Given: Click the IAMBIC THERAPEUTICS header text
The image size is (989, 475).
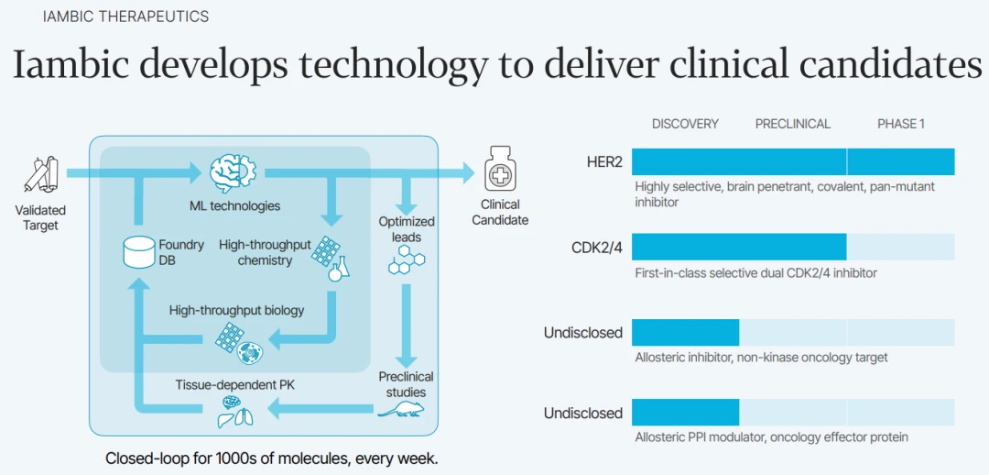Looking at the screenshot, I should click(125, 17).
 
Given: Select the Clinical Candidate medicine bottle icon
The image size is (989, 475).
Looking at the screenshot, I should click(499, 171).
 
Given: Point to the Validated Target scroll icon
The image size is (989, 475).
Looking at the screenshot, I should click(40, 175).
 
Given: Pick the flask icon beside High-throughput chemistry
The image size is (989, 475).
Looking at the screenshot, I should click(340, 269).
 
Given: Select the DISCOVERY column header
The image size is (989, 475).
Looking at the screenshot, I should click(685, 124).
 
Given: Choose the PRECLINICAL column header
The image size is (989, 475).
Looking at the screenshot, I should click(793, 124).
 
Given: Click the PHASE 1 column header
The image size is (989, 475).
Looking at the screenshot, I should click(901, 124).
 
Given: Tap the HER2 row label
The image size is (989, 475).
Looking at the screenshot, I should click(604, 162).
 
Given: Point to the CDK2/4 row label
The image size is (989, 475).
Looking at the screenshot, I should click(595, 247).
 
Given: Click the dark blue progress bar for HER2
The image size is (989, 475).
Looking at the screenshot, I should click(793, 162).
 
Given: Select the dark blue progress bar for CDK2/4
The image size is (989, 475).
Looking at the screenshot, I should click(739, 247).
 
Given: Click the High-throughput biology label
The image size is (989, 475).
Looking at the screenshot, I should click(236, 310).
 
